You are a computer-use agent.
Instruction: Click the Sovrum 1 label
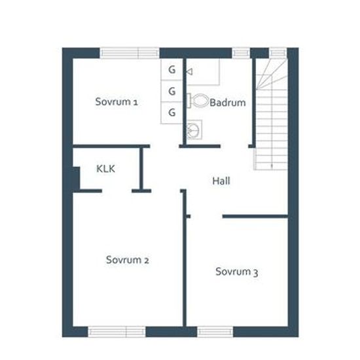coord(117,101)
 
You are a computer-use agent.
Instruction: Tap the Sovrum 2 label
coord(128,260)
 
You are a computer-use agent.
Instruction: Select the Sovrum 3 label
coord(237,272)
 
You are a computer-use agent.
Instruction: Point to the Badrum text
coord(228,102)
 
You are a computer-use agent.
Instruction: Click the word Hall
coord(221,181)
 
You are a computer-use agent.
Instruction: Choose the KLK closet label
coord(105,169)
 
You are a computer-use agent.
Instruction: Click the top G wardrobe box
coord(171,69)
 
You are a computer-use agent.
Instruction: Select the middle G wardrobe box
coord(171,91)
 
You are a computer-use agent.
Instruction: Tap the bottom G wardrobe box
coord(171,113)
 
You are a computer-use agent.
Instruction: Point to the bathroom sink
coord(194,130)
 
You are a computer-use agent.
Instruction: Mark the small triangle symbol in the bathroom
coord(189,72)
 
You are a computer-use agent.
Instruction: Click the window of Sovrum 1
coord(130,53)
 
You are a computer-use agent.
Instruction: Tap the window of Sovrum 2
coord(117,332)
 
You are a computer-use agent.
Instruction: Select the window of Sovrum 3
coord(215,332)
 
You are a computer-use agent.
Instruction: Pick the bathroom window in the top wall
coord(241,53)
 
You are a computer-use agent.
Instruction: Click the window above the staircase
coord(278,53)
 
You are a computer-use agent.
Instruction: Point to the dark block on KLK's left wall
coord(76,179)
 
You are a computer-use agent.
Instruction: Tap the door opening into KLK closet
coord(117,190)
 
